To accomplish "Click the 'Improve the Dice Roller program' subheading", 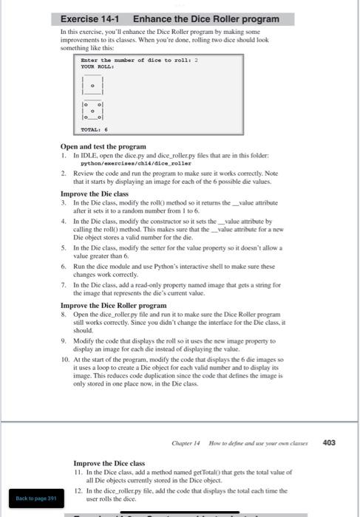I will pos(113,304).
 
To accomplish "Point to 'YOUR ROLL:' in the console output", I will pos(98,65).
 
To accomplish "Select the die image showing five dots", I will pos(92,113).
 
